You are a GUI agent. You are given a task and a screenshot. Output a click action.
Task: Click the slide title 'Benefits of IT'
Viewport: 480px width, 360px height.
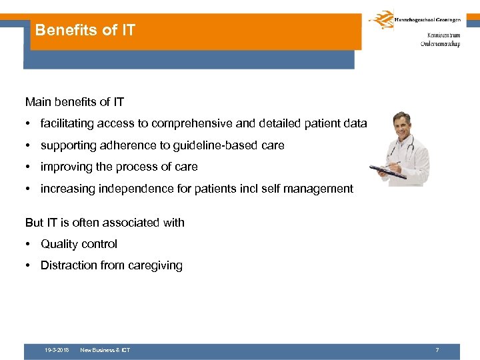[85, 30]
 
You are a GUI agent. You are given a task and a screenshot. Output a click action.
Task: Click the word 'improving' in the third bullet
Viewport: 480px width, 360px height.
[63, 167]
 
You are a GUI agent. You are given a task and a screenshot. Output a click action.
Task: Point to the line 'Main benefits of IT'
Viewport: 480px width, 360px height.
[74, 102]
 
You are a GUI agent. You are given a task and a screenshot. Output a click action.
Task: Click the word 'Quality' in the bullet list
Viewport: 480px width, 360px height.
[59, 244]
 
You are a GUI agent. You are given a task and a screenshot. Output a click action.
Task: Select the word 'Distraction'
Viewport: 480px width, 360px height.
[69, 265]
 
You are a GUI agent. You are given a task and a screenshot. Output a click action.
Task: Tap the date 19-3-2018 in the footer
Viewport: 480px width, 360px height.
[56, 350]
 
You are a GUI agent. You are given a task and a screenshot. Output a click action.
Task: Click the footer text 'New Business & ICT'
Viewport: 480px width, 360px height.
[105, 350]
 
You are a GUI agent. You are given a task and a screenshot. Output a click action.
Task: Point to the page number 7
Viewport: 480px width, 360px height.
[437, 350]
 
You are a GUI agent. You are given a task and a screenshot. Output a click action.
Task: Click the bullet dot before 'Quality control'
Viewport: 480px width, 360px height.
[29, 244]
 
